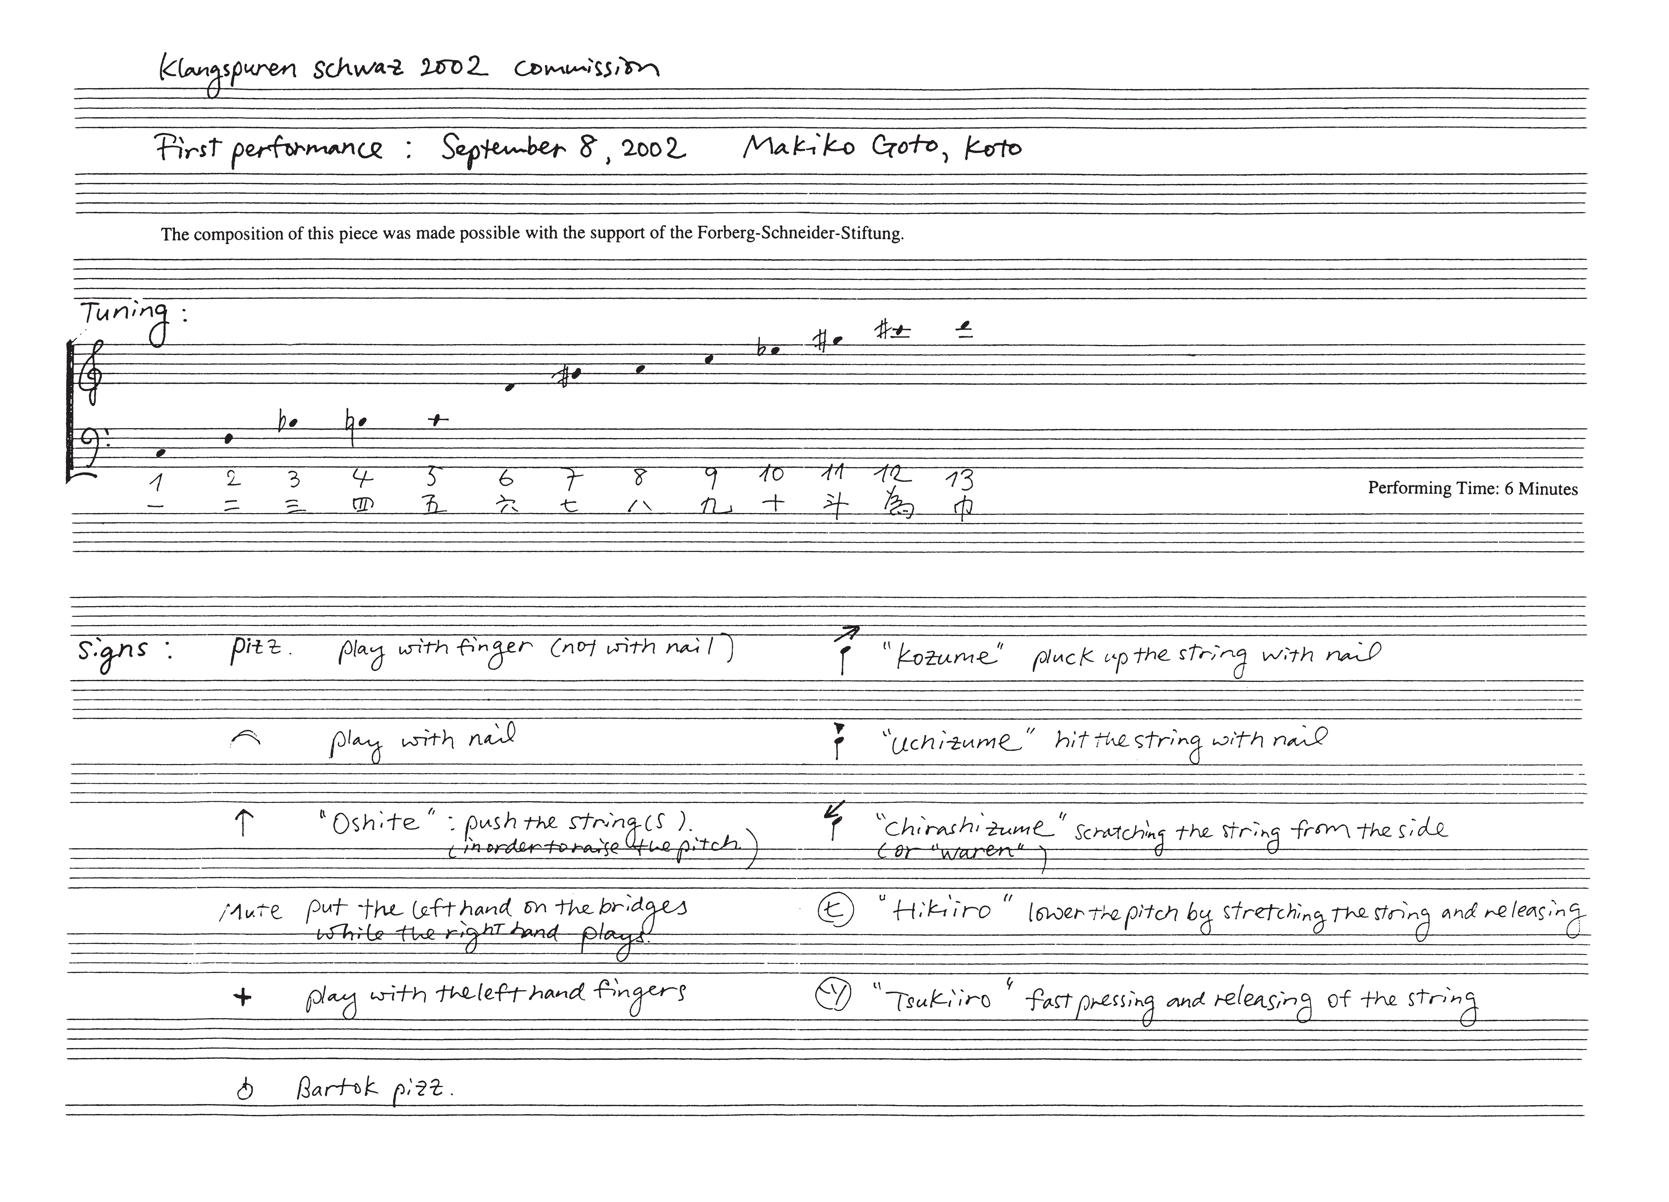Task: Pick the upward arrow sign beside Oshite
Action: [243, 824]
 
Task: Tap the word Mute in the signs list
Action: [250, 912]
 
